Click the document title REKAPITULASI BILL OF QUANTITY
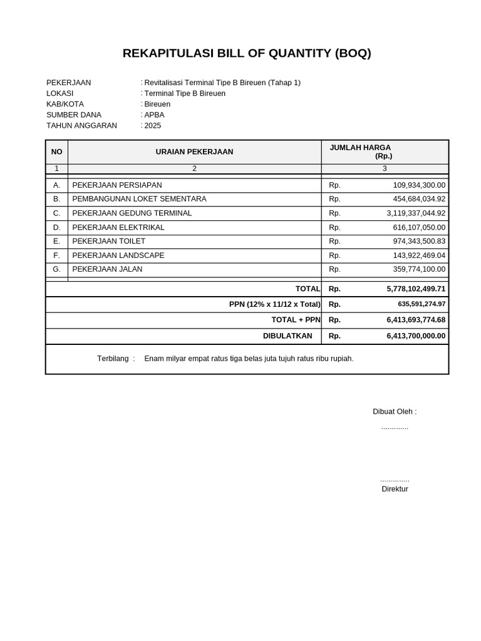click(x=247, y=53)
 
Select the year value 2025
click(x=153, y=126)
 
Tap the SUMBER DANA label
click(x=74, y=115)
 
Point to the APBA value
click(x=154, y=115)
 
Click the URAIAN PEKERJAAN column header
click(x=194, y=152)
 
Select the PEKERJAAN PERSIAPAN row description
click(x=117, y=185)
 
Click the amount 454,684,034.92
click(x=419, y=199)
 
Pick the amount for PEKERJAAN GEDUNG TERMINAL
click(x=416, y=213)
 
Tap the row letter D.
click(x=57, y=228)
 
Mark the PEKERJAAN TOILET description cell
click(x=109, y=242)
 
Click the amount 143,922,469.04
click(x=419, y=255)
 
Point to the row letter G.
click(x=57, y=269)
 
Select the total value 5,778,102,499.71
click(x=416, y=289)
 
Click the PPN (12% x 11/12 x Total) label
click(x=274, y=304)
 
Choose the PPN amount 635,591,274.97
click(x=422, y=304)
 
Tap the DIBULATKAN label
click(x=287, y=336)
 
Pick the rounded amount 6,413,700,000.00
click(x=416, y=336)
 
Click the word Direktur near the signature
click(x=395, y=489)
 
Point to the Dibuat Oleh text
click(x=395, y=412)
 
